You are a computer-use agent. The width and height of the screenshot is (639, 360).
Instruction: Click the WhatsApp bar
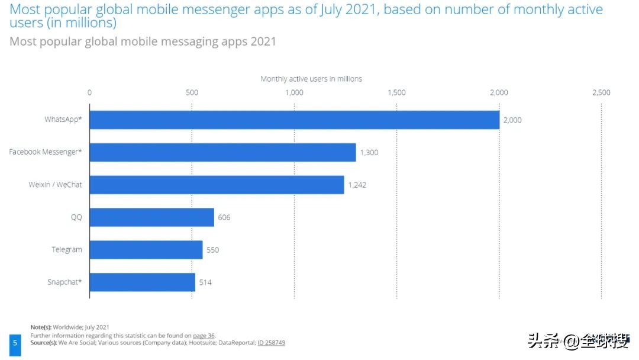[294, 120]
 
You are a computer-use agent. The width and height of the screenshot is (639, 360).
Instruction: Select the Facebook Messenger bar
[222, 152]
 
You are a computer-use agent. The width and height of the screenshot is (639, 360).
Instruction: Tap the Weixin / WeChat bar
[217, 185]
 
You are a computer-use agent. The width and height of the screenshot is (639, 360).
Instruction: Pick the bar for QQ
[151, 217]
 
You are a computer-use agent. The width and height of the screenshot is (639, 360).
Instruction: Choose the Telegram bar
[146, 250]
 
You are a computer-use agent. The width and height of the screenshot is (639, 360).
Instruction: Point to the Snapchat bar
[142, 282]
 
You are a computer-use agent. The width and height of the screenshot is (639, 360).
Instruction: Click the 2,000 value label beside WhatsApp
[512, 120]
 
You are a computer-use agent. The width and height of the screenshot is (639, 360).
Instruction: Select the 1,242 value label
[358, 185]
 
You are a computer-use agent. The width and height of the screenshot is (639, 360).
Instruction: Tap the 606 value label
[224, 218]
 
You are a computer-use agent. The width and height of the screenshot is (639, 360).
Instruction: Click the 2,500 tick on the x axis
[601, 92]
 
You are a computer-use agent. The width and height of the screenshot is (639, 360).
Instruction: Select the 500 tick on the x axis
[192, 92]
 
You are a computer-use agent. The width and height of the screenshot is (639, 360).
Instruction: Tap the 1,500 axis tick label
[396, 92]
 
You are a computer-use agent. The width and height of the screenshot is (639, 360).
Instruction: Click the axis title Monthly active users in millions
[311, 79]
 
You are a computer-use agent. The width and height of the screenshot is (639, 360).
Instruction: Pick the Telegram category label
[67, 250]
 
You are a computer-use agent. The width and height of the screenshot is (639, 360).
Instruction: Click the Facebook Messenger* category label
[46, 152]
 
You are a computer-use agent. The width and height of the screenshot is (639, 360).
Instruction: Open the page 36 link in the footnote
[204, 335]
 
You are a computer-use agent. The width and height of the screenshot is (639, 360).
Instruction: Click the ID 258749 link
[272, 343]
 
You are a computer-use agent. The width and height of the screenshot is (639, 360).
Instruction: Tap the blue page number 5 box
[15, 343]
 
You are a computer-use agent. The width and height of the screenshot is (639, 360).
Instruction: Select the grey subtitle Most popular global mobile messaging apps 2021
[143, 42]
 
